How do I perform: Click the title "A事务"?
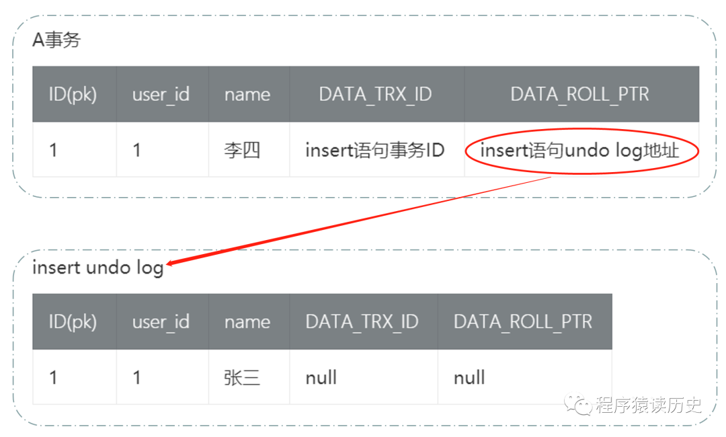[56, 40]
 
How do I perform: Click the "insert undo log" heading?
[97, 268]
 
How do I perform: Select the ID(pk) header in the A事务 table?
[73, 94]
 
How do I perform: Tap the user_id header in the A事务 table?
[161, 94]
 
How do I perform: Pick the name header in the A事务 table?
[247, 94]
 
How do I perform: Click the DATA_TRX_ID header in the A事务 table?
[375, 94]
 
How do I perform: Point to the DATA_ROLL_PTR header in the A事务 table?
[579, 94]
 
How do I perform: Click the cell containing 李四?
[242, 150]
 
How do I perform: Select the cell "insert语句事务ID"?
[374, 150]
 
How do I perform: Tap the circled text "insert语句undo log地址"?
[579, 150]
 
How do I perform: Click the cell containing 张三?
[242, 377]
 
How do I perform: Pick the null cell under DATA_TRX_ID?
[321, 377]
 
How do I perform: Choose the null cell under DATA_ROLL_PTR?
[469, 377]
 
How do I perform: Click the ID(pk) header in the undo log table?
[73, 321]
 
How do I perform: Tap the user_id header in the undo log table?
[161, 321]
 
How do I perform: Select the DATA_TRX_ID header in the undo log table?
[362, 321]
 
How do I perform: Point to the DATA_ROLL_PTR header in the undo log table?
[523, 321]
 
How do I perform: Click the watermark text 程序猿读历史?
[648, 405]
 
